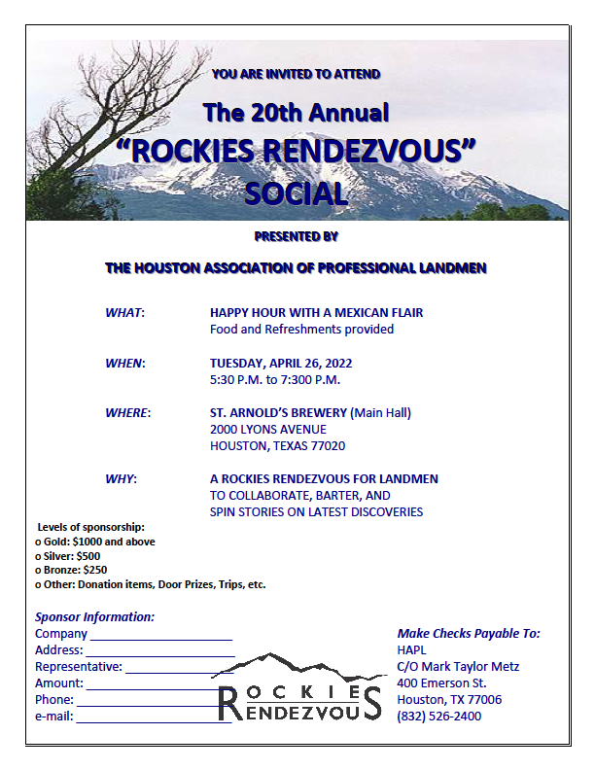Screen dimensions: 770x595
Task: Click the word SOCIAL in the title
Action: pos(297,192)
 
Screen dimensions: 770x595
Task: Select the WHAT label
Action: pos(124,313)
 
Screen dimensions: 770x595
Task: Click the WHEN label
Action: pos(124,363)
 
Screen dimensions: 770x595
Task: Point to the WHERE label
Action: pos(127,412)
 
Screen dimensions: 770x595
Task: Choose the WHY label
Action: pos(121,478)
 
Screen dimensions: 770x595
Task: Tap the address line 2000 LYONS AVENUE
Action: pos(268,429)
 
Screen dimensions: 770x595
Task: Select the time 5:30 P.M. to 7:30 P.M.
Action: pos(275,379)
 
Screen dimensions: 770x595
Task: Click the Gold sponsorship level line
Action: pos(95,542)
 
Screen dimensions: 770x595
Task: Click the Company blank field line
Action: pos(160,639)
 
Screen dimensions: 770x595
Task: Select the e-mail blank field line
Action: pos(154,722)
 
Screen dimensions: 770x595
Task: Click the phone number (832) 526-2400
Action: pos(438,717)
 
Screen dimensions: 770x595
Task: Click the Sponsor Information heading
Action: pos(94,616)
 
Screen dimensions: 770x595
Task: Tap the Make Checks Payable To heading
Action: pos(469,633)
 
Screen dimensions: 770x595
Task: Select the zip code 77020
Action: pos(327,446)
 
